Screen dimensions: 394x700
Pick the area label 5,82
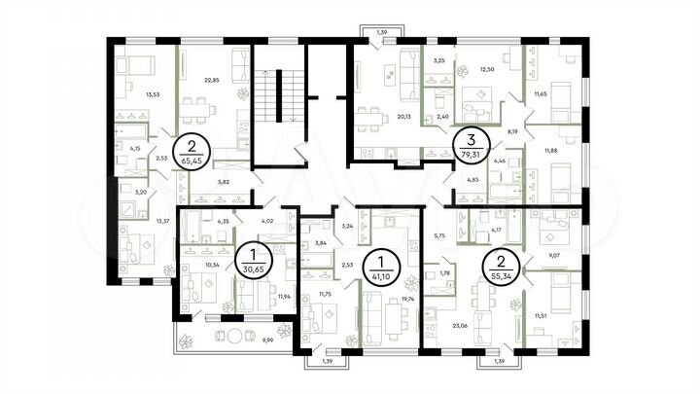click(x=224, y=181)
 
